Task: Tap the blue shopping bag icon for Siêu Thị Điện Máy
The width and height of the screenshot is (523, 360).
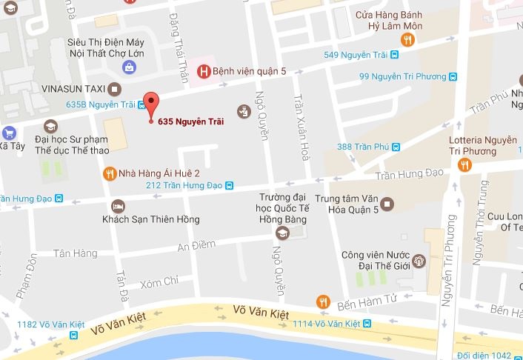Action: pos(130,67)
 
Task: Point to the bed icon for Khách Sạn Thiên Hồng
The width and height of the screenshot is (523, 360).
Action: pos(117,205)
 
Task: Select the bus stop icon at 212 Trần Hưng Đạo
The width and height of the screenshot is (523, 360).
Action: pos(230,185)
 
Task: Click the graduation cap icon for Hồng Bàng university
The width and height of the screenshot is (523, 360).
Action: pos(282,233)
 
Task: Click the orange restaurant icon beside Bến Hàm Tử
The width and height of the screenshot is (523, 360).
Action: pos(322,301)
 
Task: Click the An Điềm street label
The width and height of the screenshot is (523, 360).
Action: pos(198,245)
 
